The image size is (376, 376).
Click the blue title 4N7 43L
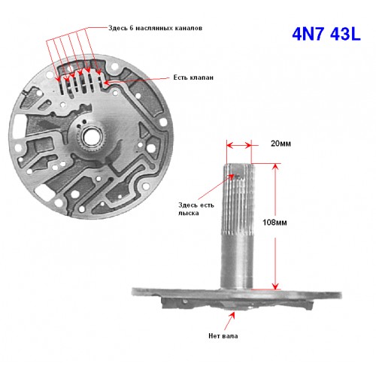[x=326, y=34]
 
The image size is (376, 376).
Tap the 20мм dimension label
[x=280, y=144]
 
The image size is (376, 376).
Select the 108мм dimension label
[x=274, y=223]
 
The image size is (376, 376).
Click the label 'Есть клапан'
[x=193, y=77]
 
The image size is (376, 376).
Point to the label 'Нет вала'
[x=223, y=336]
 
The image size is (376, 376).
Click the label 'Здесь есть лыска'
[x=196, y=209]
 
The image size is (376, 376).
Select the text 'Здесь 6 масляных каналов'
[x=155, y=28]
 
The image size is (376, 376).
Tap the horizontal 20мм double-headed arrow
[x=238, y=145]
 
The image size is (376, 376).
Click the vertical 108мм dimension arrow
[x=275, y=226]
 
